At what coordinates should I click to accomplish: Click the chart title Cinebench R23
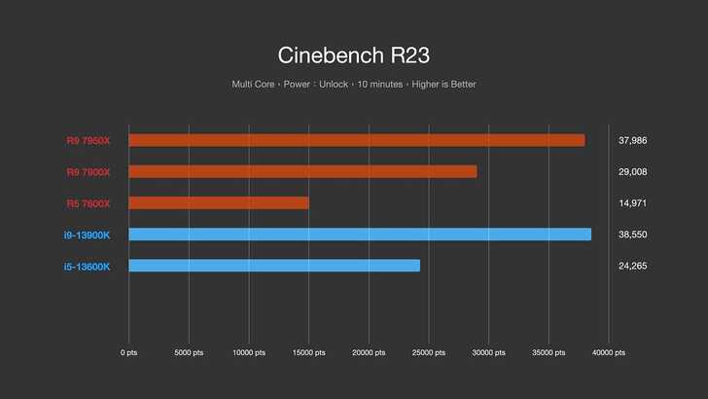(353, 53)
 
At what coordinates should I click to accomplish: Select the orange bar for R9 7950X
(356, 140)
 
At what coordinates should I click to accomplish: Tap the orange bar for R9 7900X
(302, 171)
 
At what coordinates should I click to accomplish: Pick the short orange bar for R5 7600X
(218, 202)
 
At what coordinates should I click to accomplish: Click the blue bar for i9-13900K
(360, 235)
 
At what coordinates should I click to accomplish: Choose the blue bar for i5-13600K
(274, 266)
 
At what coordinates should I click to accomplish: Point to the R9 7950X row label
(88, 140)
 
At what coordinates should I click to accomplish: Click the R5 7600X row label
(88, 202)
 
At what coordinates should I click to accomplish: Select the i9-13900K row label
(87, 235)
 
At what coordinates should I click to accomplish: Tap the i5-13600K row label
(87, 266)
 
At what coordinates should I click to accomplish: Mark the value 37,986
(632, 140)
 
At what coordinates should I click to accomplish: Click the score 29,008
(632, 171)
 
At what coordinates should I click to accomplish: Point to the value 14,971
(632, 202)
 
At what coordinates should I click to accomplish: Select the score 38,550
(632, 235)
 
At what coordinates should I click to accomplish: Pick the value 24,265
(632, 266)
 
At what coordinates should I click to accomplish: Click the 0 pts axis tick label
(128, 352)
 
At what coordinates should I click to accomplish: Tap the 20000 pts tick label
(369, 352)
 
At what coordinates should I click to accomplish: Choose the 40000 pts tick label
(608, 352)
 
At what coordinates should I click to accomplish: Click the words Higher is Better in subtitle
(444, 85)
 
